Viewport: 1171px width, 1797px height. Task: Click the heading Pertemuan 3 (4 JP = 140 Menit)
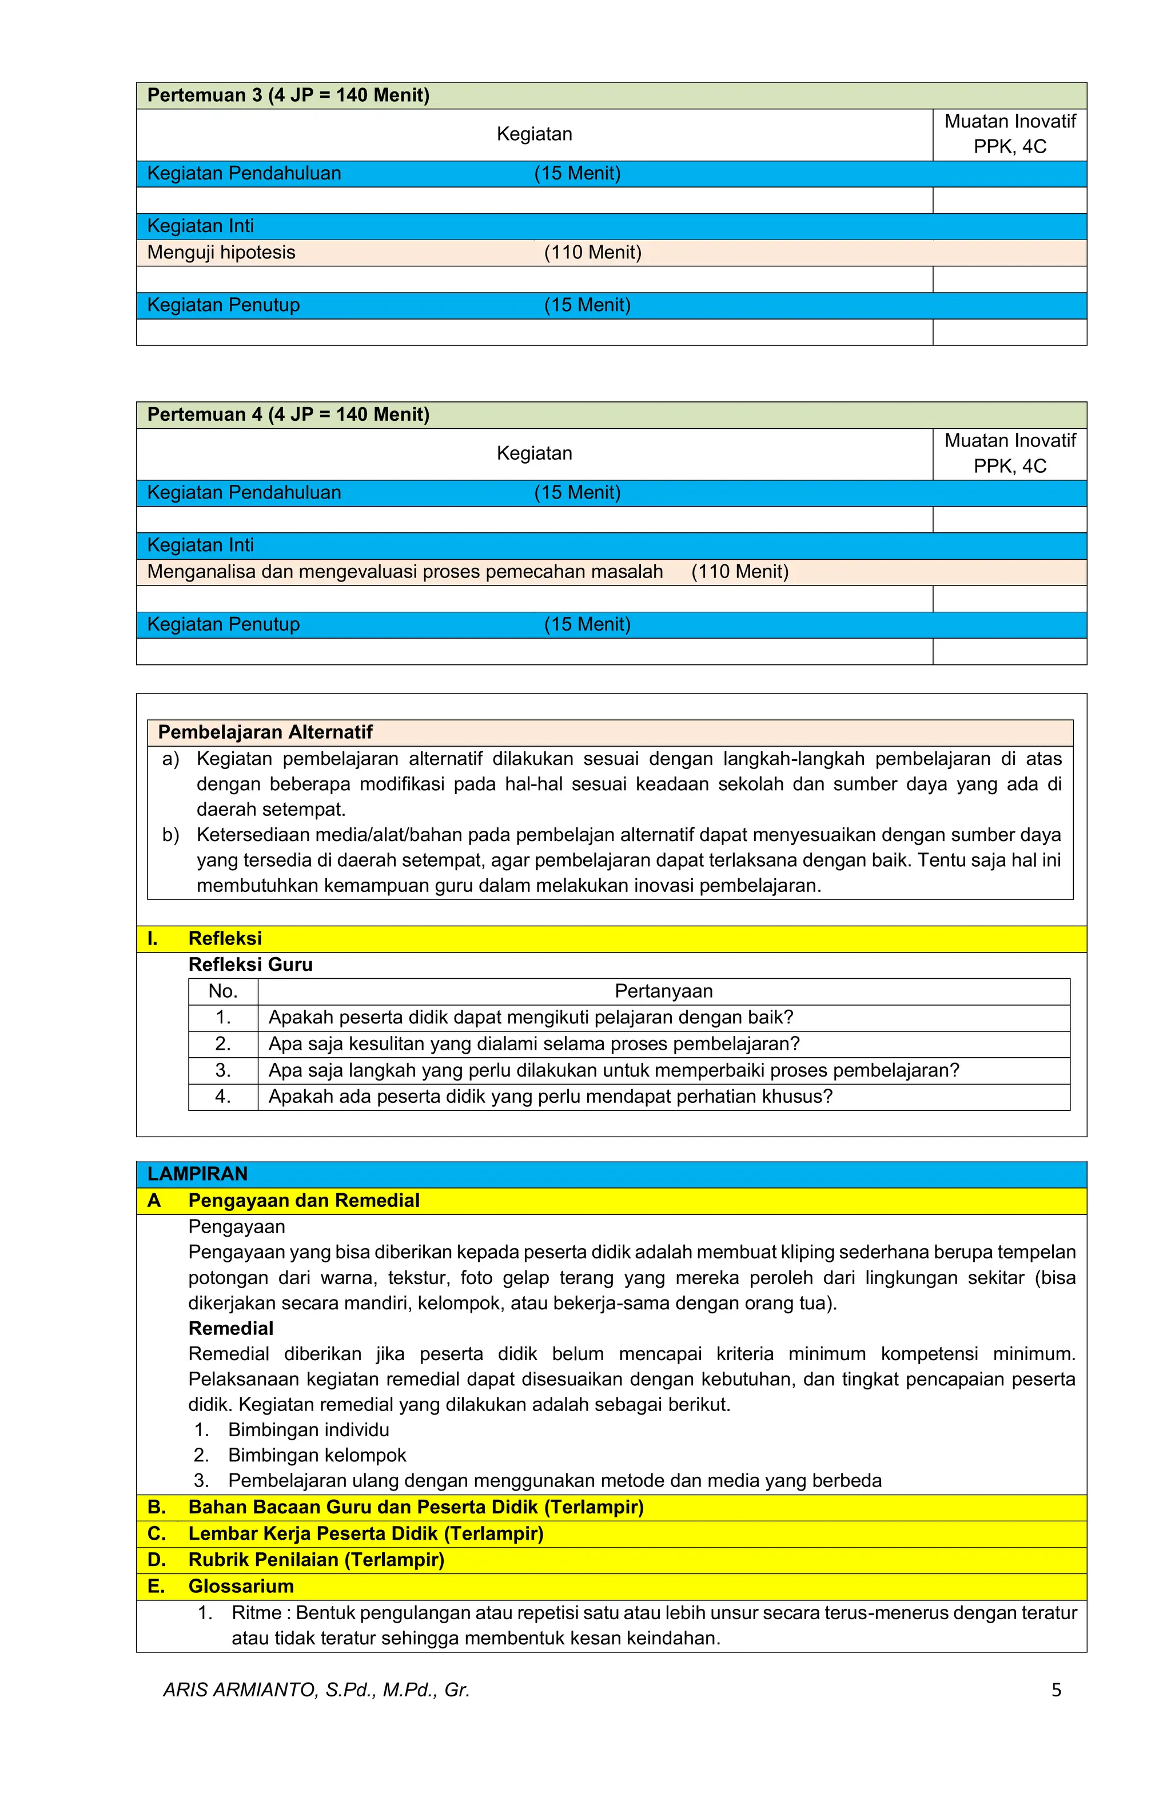point(288,95)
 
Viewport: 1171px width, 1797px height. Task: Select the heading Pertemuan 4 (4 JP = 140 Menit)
point(288,415)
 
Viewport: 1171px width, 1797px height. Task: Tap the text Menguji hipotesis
point(221,252)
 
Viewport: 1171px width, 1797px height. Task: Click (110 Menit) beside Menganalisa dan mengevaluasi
point(739,572)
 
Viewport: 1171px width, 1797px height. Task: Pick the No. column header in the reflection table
point(223,991)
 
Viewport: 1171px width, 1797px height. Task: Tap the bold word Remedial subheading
point(230,1328)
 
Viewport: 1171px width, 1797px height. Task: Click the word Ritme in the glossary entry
point(256,1613)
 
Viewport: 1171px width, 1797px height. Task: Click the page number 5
point(1056,1690)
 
